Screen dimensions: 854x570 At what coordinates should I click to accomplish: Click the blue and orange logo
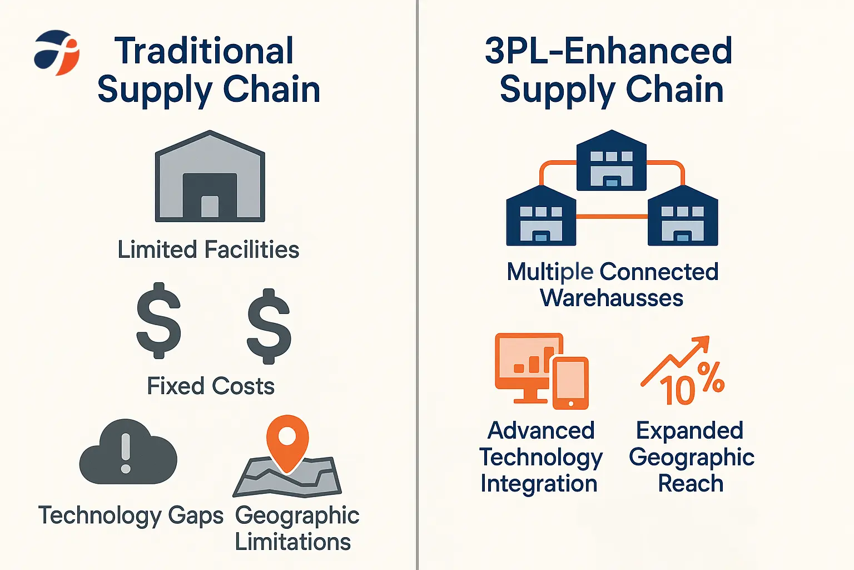[56, 52]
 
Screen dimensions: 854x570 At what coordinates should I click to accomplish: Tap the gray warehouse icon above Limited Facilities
[210, 176]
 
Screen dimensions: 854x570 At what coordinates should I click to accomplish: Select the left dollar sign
[158, 321]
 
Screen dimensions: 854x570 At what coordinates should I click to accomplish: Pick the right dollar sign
[269, 326]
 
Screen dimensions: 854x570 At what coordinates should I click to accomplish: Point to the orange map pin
[287, 443]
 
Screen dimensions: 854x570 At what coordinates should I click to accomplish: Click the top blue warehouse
[612, 160]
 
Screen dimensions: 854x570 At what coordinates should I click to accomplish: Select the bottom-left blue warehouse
[541, 216]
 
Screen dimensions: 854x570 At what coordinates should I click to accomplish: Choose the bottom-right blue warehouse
[683, 216]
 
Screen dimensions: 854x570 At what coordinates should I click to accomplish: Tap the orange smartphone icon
[571, 384]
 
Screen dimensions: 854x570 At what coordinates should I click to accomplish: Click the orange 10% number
[692, 385]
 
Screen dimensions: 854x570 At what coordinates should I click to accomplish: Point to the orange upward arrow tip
[708, 336]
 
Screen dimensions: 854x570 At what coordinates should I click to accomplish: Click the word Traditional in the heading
[204, 51]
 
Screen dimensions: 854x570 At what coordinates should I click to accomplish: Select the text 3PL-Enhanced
[608, 51]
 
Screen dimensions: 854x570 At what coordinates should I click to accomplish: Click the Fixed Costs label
[211, 386]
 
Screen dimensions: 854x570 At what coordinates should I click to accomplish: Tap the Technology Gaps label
[131, 516]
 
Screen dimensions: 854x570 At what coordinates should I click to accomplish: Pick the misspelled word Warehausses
[612, 298]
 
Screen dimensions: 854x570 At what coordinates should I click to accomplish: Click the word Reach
[691, 484]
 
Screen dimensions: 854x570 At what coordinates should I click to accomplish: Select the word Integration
[539, 484]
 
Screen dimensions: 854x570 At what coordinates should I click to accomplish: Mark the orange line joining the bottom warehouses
[612, 217]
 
